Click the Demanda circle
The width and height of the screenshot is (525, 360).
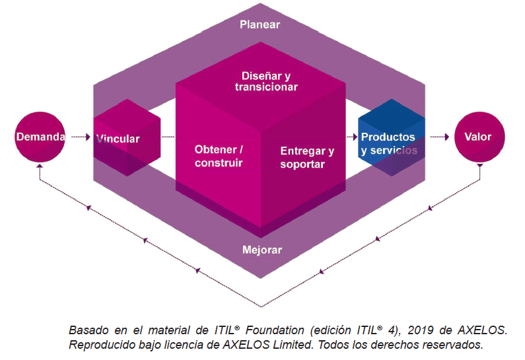(x=40, y=137)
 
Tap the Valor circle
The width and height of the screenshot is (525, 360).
(x=477, y=137)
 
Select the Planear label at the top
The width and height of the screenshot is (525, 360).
(x=260, y=24)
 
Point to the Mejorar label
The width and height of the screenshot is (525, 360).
(x=262, y=250)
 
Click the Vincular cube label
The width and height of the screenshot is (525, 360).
(x=118, y=139)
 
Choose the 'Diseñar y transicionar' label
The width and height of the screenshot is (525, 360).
(x=265, y=81)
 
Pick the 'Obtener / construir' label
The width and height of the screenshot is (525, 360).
(x=219, y=155)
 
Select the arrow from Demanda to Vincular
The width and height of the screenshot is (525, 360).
(x=78, y=137)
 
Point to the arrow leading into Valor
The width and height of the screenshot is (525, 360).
(x=440, y=137)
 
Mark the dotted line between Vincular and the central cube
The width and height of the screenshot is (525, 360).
(x=168, y=137)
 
